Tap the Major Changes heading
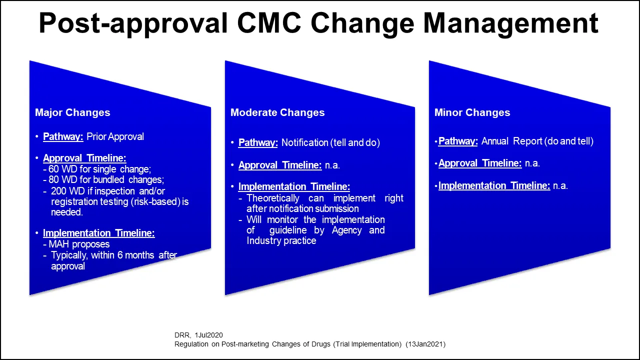[x=72, y=112]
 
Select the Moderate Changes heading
[x=277, y=112]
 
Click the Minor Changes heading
[x=472, y=112]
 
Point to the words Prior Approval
[x=115, y=136]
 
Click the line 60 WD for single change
[x=99, y=169]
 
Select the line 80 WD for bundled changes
[x=106, y=179]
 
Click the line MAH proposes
[x=79, y=244]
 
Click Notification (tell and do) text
[x=330, y=142]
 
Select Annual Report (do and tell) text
[x=537, y=141]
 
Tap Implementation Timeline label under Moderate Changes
[x=294, y=186]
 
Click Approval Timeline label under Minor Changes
[x=480, y=163]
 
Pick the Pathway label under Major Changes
[x=63, y=136]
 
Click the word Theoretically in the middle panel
[x=273, y=198]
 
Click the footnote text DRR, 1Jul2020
[x=198, y=335]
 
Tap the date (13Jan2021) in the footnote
[x=425, y=344]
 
